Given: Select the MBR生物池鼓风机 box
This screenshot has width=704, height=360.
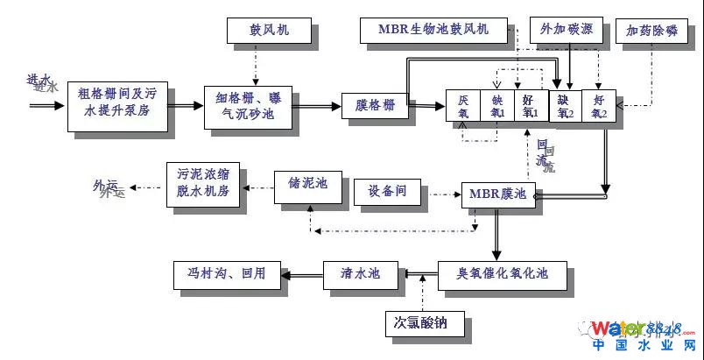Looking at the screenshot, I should (434, 31).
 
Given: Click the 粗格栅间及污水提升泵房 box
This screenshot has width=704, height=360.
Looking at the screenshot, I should (116, 105).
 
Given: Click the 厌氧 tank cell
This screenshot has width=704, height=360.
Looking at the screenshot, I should (463, 106).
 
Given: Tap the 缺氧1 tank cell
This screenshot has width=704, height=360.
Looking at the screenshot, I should (496, 106).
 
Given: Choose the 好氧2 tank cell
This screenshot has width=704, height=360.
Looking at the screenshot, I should (600, 106).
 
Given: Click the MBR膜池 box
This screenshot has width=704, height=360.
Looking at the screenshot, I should (498, 193).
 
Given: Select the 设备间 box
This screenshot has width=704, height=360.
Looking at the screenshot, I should (386, 192).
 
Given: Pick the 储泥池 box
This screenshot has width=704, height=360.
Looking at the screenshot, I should (306, 184).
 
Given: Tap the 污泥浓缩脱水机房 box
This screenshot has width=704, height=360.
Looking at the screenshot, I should (204, 184).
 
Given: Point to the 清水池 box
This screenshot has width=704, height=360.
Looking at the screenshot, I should (360, 274).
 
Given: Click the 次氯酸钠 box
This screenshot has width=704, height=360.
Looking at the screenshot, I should (416, 323).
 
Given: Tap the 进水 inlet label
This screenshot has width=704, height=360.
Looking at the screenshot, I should (41, 83).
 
